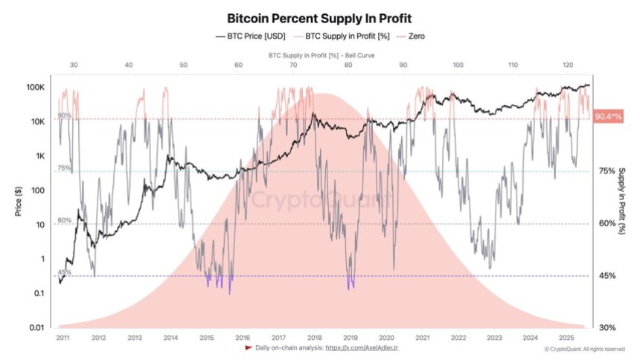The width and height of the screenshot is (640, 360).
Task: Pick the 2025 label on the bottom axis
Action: tap(567, 338)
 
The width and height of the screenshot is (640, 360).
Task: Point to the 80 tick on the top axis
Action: tap(348, 65)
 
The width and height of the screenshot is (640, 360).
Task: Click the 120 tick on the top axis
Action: tap(568, 65)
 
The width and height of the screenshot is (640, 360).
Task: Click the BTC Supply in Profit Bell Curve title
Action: tap(320, 55)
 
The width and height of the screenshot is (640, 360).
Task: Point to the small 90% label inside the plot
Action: tap(65, 115)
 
